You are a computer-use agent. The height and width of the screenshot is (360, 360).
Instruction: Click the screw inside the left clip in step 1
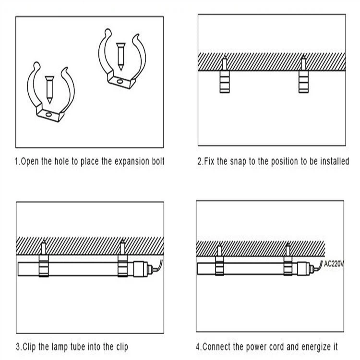tap(49, 90)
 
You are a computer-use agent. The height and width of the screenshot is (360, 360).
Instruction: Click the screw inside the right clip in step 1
tap(120, 57)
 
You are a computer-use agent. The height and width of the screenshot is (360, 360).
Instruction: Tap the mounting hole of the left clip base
tap(48, 114)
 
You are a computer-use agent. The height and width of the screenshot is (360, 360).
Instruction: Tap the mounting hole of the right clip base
tap(120, 81)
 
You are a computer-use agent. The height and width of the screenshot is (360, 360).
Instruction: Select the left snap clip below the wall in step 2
tap(225, 82)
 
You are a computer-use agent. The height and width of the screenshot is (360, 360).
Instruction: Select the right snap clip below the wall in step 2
tap(303, 82)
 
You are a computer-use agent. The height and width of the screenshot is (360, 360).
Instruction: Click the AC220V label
tap(334, 264)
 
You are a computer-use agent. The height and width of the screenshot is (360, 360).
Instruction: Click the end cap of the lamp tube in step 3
tap(141, 269)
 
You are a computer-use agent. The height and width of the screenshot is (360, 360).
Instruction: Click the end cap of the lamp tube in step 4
tap(303, 268)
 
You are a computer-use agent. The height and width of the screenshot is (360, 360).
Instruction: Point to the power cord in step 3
tap(158, 267)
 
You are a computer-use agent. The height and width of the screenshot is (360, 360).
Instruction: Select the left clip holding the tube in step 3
tap(44, 266)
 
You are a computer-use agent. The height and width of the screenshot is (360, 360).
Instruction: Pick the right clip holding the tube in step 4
tap(288, 266)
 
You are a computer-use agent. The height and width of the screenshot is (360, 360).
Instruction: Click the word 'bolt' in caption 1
tap(158, 161)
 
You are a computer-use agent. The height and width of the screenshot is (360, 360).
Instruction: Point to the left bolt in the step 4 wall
tap(219, 250)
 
